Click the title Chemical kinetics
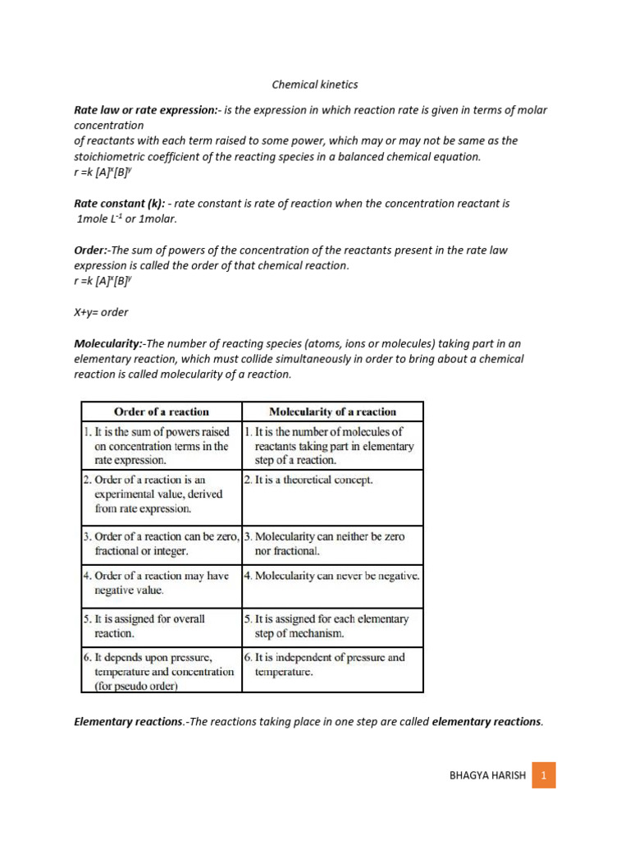pos(315,85)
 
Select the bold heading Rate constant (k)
pos(120,203)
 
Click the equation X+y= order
pos(101,312)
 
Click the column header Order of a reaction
pos(161,411)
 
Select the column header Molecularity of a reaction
pos(332,411)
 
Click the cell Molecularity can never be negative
pos(332,576)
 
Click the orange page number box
pos(543,774)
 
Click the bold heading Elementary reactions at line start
pos(126,722)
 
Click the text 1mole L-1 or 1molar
pos(126,218)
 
